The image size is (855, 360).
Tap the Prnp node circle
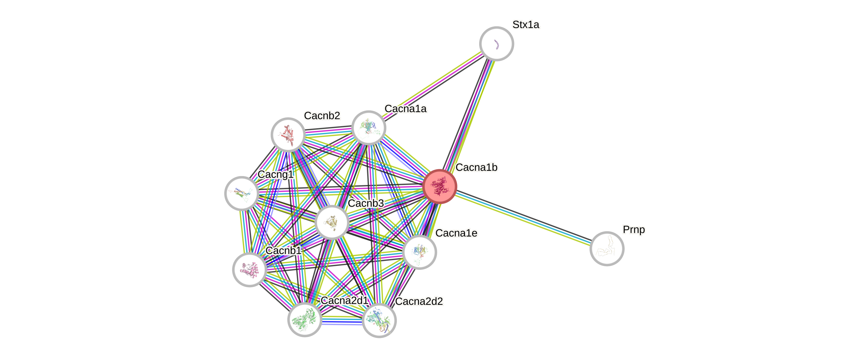click(607, 249)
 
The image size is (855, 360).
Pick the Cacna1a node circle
click(368, 128)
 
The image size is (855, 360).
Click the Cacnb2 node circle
click(288, 134)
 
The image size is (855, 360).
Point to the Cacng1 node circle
click(242, 193)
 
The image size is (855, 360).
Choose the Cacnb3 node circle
click(332, 222)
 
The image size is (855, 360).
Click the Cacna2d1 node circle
click(304, 320)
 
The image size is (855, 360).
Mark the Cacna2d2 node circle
click(379, 321)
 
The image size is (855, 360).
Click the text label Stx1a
click(526, 24)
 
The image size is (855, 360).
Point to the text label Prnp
click(634, 230)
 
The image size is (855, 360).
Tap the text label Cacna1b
click(477, 168)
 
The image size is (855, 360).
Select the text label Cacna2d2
click(419, 301)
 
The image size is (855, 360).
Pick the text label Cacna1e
click(456, 233)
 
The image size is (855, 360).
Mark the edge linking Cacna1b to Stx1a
click(468, 115)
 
